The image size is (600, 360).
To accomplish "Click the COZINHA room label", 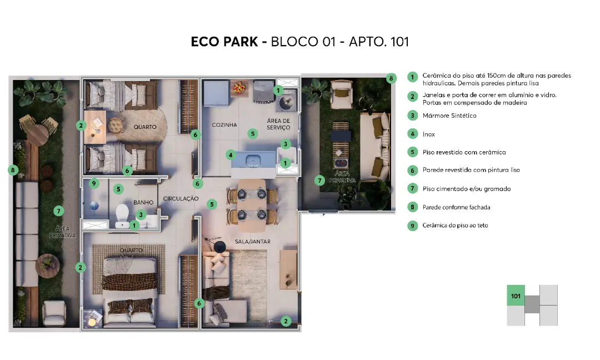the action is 224,124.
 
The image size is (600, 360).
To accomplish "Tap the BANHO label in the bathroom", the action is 143,202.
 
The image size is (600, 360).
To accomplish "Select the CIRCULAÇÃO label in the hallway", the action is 181,198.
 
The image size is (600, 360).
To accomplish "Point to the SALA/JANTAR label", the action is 253,242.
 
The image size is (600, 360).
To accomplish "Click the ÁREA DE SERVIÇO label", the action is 278,124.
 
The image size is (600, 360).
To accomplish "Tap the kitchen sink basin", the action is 253,161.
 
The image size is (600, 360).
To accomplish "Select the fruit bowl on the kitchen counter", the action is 239,87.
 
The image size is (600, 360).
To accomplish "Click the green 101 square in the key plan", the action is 516,296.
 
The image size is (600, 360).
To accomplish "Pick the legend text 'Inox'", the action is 428,134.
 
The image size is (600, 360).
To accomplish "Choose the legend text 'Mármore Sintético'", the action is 449,116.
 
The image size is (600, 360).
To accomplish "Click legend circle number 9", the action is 412,226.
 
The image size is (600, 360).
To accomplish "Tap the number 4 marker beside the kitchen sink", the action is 231,155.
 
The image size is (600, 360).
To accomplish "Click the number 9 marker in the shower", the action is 94,184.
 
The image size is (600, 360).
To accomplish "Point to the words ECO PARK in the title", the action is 224,42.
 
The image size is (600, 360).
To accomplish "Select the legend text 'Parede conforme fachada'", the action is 456,207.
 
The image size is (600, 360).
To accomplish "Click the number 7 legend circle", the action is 412,188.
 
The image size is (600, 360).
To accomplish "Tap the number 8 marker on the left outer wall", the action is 13,170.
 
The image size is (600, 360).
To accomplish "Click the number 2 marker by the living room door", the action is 286,321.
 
